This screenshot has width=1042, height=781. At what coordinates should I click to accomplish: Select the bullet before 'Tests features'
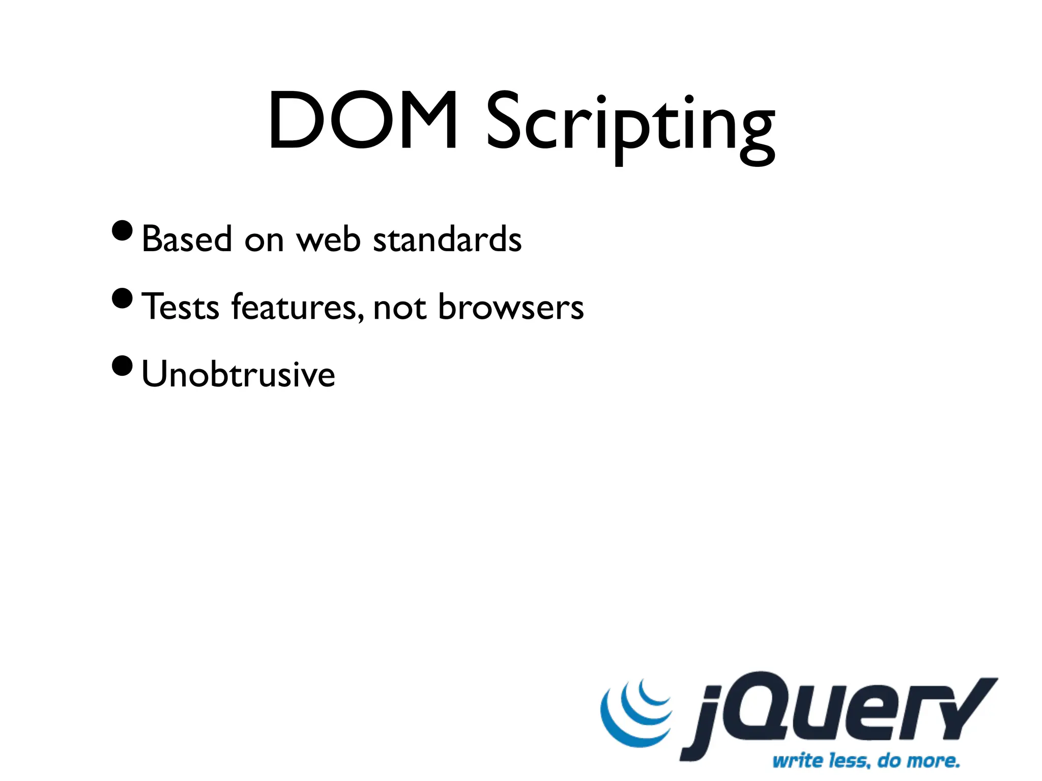click(122, 298)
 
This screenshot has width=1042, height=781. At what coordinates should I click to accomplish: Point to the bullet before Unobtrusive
click(122, 366)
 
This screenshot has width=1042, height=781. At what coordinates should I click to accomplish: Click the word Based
click(186, 239)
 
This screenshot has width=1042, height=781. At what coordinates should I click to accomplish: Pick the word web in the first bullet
click(329, 239)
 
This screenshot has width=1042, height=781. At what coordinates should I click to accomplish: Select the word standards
click(447, 239)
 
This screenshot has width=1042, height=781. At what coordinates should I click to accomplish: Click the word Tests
click(181, 307)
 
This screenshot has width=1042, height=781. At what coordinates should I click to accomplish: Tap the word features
click(297, 307)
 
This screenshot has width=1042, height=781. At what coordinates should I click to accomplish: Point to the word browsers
click(511, 307)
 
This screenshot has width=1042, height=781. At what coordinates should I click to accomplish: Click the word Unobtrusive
click(238, 374)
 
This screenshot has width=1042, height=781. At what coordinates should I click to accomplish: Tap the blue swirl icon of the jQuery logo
click(634, 714)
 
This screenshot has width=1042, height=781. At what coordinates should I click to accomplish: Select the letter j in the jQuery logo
click(705, 722)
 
